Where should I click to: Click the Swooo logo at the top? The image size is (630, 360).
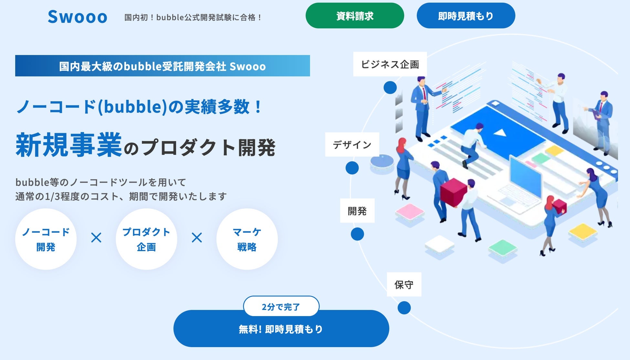click(x=78, y=17)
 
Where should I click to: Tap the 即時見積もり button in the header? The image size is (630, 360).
click(x=466, y=16)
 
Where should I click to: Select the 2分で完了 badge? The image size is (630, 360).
click(x=281, y=306)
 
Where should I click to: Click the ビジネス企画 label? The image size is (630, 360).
click(x=390, y=64)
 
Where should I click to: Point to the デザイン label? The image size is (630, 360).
click(x=352, y=144)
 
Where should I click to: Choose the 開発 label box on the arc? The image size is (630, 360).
click(x=357, y=211)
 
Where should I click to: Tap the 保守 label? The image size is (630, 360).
click(x=404, y=284)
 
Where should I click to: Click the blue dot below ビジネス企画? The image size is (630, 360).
click(x=390, y=88)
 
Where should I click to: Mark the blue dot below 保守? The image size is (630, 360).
click(x=404, y=308)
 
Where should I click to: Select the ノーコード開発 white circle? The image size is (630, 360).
click(x=46, y=239)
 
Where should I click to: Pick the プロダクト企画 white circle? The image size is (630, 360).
click(x=146, y=239)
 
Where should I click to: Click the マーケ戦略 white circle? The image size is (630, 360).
click(x=247, y=239)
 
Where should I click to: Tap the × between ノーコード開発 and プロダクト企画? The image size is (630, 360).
click(x=96, y=238)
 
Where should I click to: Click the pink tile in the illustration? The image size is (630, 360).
click(x=410, y=212)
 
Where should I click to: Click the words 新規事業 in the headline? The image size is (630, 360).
click(x=68, y=145)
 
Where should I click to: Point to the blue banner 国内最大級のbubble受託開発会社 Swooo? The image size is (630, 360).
click(x=163, y=66)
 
